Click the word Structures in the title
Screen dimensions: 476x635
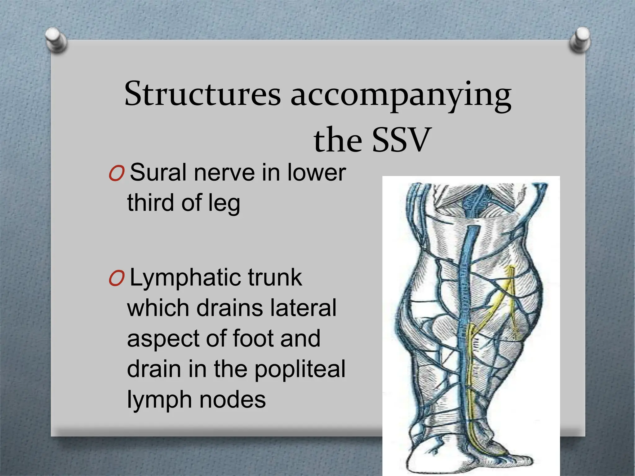[x=202, y=94]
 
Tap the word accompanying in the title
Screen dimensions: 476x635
[x=401, y=95]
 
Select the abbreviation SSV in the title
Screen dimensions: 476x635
[x=401, y=140]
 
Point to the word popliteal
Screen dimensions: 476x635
[x=300, y=369]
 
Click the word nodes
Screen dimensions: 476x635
[x=233, y=399]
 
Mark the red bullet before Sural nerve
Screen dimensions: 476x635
[x=117, y=174]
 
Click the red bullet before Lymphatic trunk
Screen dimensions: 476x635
[x=117, y=278]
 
